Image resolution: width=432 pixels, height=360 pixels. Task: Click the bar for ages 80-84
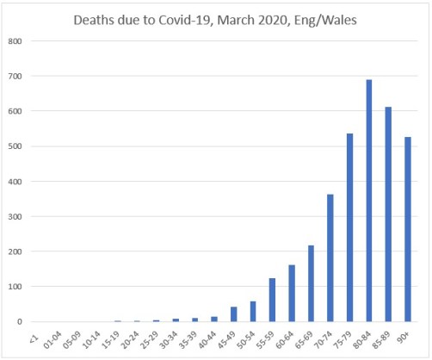pos(368,201)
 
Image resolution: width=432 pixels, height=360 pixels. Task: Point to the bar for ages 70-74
pos(330,258)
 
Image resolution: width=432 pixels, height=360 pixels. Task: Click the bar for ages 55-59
pos(272,300)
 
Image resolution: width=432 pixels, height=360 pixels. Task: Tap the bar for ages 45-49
pos(233,314)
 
